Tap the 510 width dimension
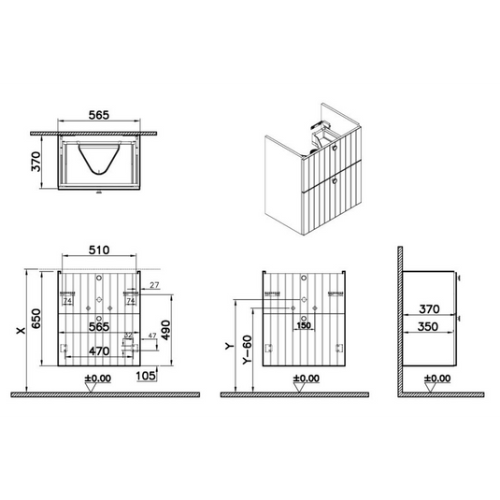[100, 250]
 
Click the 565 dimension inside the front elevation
[99, 326]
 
